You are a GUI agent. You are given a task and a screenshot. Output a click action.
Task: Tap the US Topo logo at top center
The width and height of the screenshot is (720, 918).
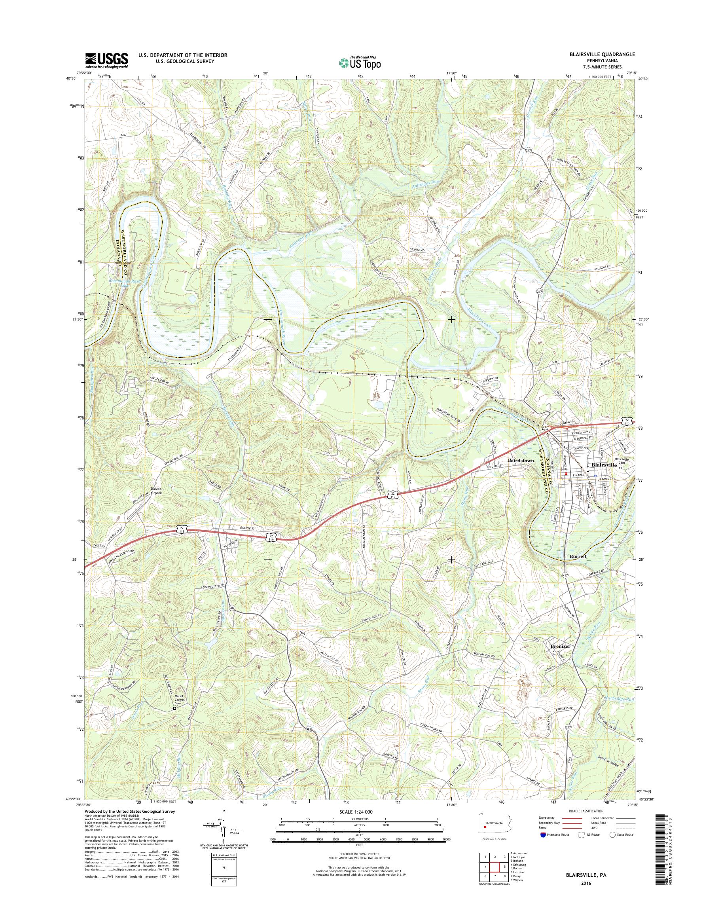[360, 63]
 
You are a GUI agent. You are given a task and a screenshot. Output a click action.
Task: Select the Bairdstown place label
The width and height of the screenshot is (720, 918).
[521, 461]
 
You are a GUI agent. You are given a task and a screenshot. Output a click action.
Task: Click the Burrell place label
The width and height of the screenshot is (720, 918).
[578, 557]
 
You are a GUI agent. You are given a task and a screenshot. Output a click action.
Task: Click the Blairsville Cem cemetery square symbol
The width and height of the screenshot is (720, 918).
[620, 468]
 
